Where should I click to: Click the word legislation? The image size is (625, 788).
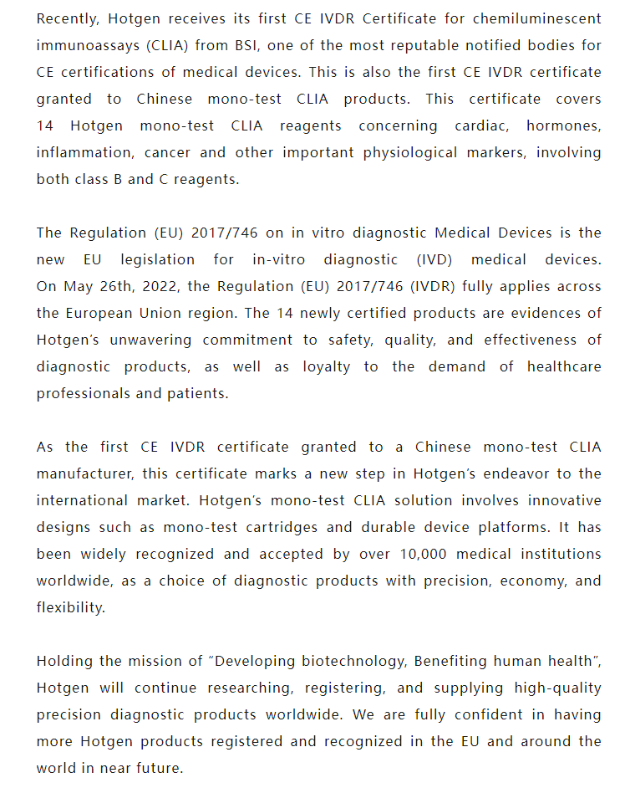tap(157, 259)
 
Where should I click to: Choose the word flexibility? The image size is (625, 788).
tap(70, 607)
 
